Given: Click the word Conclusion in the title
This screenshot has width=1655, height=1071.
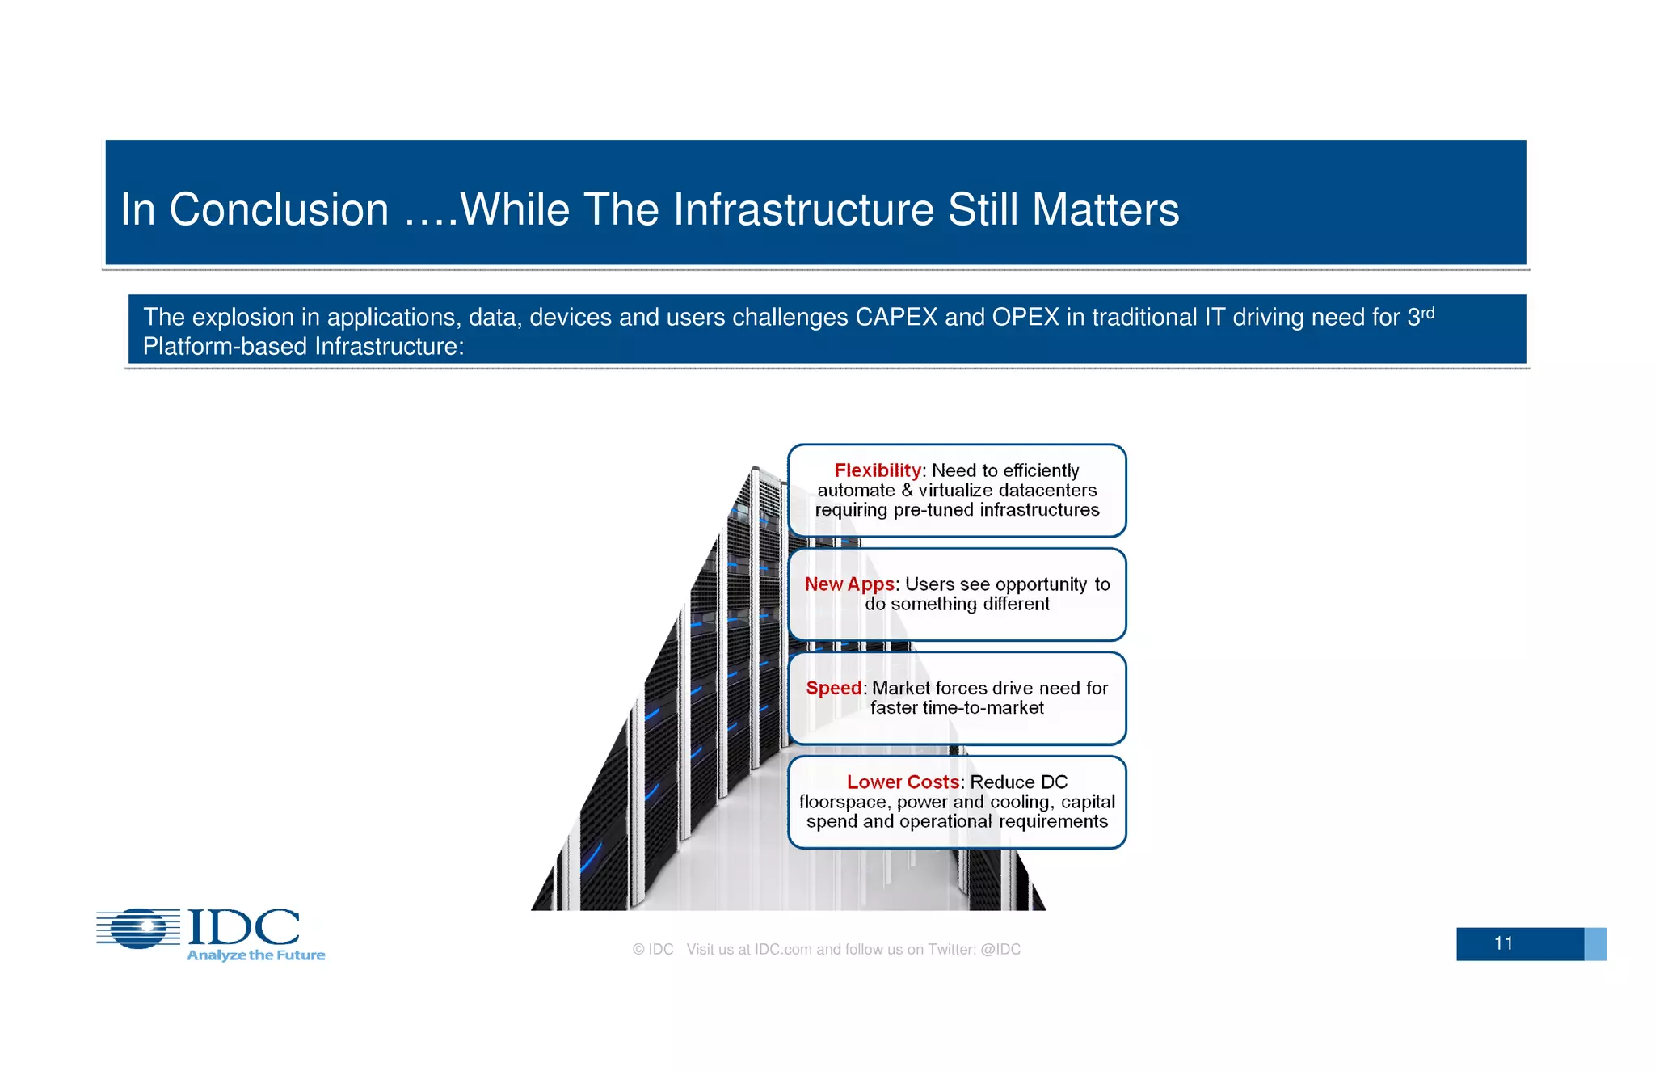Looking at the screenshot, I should (279, 210).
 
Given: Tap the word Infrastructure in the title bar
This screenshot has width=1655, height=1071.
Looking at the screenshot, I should (803, 210).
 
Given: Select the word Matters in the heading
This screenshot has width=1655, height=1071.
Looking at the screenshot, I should (1105, 210).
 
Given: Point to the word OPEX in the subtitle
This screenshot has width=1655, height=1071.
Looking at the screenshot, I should (1025, 318).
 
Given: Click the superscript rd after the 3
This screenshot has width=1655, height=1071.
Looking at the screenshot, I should (1428, 312).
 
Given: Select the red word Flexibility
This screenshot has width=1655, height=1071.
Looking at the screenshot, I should (877, 470).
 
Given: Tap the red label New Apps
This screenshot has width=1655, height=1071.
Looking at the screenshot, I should (849, 584).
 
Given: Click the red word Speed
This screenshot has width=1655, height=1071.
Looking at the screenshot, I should (833, 688).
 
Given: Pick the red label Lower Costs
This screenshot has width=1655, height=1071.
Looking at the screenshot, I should (903, 782).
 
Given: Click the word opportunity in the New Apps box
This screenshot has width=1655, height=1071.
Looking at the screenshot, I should (1041, 584).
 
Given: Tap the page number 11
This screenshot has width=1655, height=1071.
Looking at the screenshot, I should (1503, 943).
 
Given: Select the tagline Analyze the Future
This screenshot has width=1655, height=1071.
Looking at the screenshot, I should (255, 955).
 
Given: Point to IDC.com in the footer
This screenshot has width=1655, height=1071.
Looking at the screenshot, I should (782, 950).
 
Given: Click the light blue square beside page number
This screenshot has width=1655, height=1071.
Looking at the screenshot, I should (1594, 944).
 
